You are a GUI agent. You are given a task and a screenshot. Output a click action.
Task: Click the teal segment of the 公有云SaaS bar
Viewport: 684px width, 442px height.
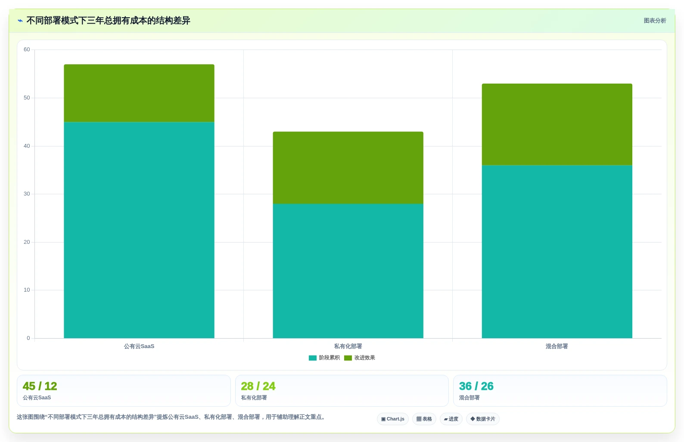[139, 230]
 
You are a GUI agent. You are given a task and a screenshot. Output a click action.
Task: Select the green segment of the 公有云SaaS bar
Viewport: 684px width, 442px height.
[139, 93]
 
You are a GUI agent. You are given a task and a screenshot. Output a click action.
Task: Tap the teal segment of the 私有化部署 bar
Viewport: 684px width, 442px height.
[348, 271]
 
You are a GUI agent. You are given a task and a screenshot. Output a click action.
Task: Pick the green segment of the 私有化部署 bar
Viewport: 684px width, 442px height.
[348, 168]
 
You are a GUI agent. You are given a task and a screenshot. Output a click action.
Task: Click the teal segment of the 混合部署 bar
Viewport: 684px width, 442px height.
[557, 252]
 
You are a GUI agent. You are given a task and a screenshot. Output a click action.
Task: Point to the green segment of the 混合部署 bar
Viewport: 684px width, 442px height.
[557, 125]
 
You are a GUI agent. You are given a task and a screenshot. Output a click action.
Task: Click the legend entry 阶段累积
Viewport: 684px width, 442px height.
[324, 358]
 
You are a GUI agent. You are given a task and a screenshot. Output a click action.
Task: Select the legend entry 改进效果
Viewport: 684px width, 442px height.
[360, 358]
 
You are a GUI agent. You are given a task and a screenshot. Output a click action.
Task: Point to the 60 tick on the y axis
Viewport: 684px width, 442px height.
[27, 50]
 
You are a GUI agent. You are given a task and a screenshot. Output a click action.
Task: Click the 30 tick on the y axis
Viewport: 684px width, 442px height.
[27, 194]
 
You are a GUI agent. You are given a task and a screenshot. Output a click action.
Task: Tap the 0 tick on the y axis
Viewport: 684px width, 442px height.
[28, 338]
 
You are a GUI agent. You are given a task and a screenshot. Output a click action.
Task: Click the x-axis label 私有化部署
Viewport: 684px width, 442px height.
[348, 346]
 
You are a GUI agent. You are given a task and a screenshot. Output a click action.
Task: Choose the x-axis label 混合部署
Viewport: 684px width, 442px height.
[557, 346]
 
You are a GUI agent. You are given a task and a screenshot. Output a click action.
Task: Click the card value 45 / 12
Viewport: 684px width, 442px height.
[40, 386]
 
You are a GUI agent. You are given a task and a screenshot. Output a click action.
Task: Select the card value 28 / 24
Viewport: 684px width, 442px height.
[258, 386]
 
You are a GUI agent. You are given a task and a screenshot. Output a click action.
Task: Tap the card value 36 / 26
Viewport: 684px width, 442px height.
[476, 386]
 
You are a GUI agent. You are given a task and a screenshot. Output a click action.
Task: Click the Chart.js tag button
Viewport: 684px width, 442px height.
[393, 419]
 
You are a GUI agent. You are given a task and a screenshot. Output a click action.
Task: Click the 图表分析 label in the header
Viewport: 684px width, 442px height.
[655, 21]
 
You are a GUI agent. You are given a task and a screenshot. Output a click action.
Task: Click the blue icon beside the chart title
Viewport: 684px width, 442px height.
[20, 21]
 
